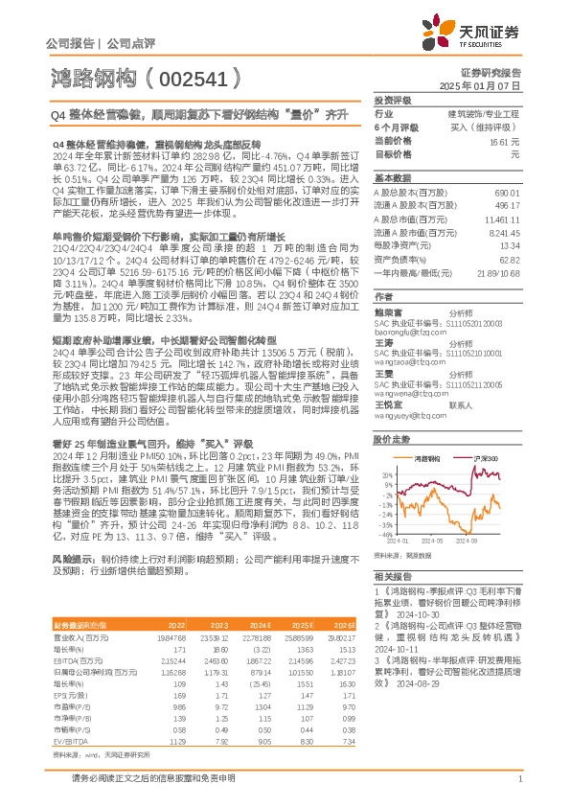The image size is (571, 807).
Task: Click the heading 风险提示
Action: pyautogui.click(x=73, y=556)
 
